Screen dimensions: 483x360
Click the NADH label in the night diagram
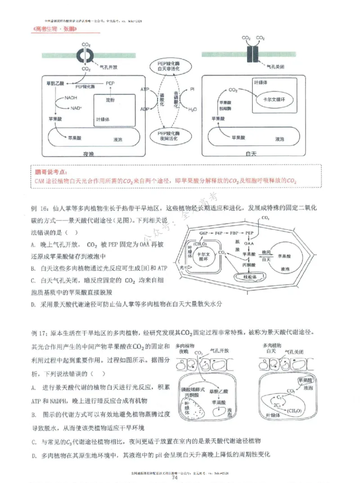[70, 98]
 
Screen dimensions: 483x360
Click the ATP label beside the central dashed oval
[145, 90]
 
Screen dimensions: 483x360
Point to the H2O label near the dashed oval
[192, 109]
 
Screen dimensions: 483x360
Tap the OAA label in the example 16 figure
[249, 243]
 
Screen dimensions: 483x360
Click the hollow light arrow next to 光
[188, 268]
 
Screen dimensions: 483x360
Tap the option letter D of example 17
[34, 455]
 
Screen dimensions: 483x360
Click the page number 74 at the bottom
[180, 478]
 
